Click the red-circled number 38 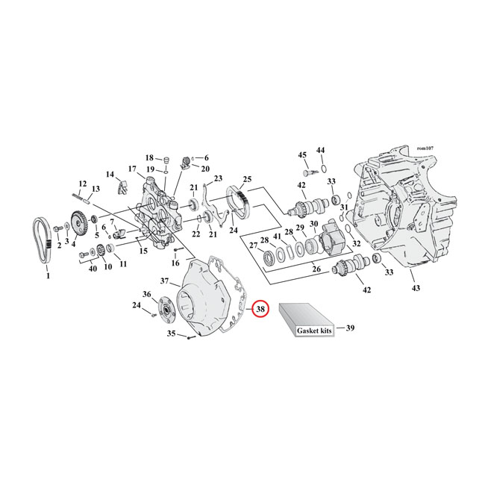coord(260,309)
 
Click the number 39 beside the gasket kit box coord(351,327)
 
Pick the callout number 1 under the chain coord(47,275)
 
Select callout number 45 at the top coord(302,154)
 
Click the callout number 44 coord(321,151)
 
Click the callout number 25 coord(247,179)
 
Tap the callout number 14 coord(110,175)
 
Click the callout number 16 coord(175,263)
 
